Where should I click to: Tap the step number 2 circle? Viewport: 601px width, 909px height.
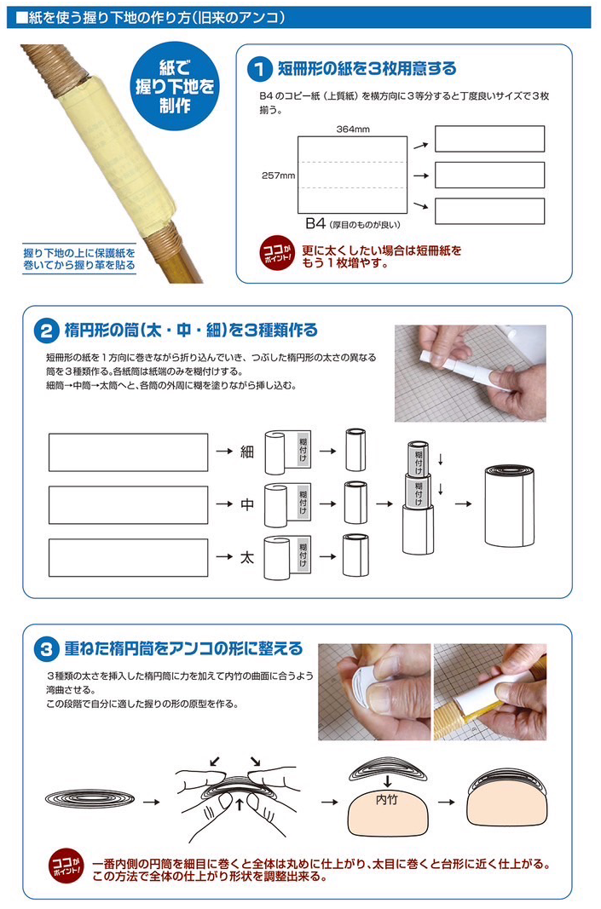[46, 331]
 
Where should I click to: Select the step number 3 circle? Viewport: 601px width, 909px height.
[46, 648]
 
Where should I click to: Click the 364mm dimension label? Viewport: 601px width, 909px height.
[353, 129]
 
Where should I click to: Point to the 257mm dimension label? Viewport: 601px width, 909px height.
[279, 175]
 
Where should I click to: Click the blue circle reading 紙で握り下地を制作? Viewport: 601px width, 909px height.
[175, 86]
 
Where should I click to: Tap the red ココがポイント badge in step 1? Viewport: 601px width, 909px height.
[277, 253]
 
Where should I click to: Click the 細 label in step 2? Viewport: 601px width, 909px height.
[247, 452]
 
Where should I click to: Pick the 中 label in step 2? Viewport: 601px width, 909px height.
[247, 504]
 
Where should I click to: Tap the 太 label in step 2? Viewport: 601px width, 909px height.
[247, 557]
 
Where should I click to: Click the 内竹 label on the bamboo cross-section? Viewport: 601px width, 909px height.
[387, 800]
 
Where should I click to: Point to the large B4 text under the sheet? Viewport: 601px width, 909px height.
[315, 223]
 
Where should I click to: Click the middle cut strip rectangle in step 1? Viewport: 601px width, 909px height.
[489, 175]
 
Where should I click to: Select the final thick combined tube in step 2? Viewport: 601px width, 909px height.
[509, 505]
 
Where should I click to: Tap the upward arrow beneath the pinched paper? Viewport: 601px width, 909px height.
[240, 805]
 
